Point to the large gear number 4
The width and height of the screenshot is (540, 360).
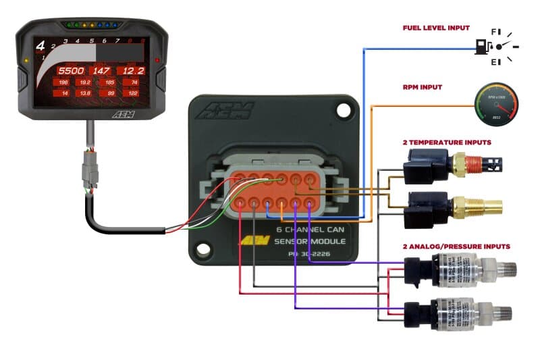click(40, 47)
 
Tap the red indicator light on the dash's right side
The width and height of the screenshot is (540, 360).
click(157, 60)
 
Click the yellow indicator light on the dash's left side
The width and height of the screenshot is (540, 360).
click(26, 60)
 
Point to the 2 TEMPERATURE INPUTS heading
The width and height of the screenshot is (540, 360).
click(447, 143)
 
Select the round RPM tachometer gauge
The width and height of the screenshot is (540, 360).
click(496, 105)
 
